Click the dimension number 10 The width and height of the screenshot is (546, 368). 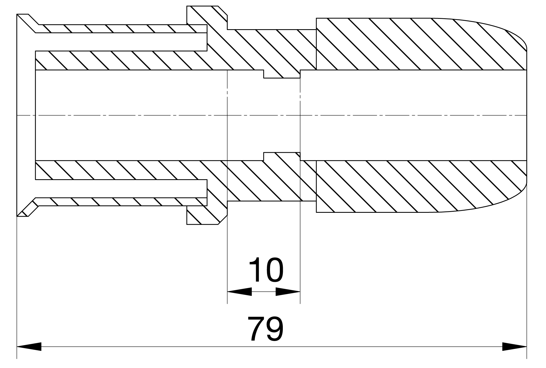click(266, 270)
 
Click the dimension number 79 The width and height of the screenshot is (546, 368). click(265, 328)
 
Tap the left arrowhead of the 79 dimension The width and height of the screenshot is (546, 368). click(29, 346)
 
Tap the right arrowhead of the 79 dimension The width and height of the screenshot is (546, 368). click(515, 346)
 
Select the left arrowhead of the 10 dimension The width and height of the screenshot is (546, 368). click(239, 292)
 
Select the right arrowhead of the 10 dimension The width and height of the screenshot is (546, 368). click(288, 292)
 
